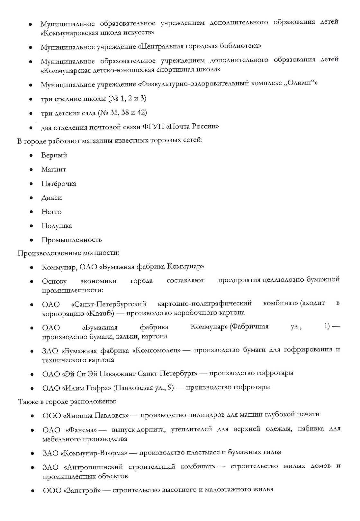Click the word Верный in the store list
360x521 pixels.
(x=54, y=155)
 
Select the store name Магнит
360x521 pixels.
(x=54, y=170)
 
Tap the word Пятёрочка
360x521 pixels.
(x=59, y=184)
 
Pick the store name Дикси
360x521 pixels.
(x=51, y=198)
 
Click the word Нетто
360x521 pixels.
(x=51, y=212)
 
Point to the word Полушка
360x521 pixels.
(x=57, y=226)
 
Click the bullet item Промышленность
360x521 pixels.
(x=71, y=240)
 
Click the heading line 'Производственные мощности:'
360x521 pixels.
(x=68, y=253)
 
